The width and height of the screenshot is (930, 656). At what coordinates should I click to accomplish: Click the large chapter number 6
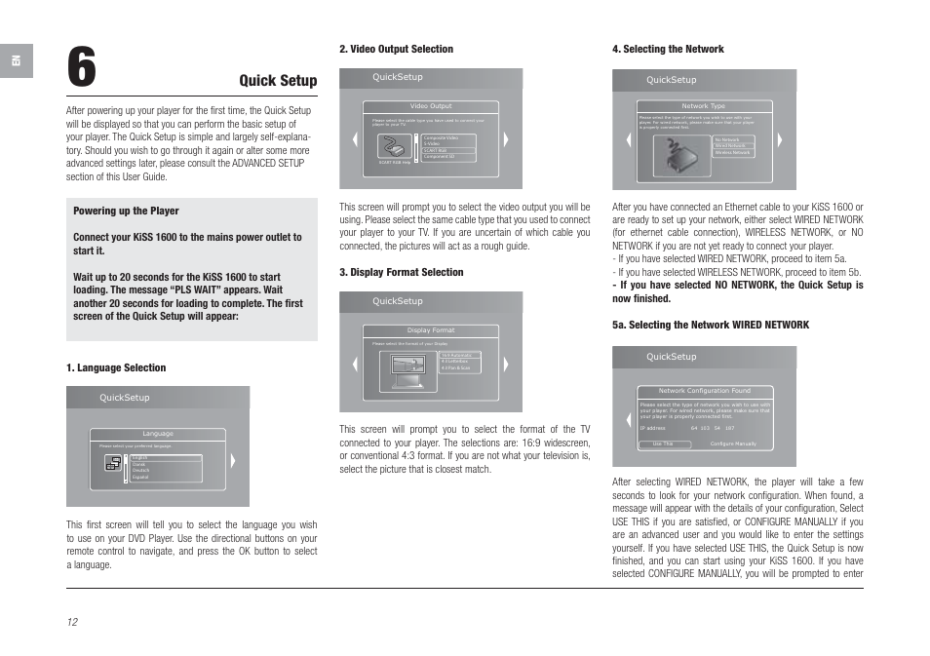click(82, 67)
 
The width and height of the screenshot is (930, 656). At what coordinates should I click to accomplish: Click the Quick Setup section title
click(278, 81)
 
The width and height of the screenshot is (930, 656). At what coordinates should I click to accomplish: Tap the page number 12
click(72, 622)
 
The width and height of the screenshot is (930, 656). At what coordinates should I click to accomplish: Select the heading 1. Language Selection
click(116, 367)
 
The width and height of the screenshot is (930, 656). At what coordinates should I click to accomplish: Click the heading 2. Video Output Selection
click(396, 49)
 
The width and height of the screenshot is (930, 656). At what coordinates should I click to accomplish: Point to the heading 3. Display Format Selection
click(401, 272)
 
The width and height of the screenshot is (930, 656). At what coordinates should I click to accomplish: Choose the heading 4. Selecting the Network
click(668, 49)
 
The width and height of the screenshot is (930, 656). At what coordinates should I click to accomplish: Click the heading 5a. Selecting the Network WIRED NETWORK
click(710, 325)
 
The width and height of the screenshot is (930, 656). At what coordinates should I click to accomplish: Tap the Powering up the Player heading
click(126, 211)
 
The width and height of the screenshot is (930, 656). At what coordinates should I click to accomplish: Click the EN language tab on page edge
click(16, 61)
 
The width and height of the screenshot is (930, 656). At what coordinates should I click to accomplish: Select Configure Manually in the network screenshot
click(733, 444)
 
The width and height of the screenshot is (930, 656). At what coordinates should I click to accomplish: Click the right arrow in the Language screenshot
click(233, 462)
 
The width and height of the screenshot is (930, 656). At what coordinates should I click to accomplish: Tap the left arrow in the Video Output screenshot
click(355, 139)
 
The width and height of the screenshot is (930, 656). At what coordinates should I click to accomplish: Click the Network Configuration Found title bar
click(704, 391)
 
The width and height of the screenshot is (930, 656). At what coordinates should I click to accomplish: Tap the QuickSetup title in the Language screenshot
click(125, 398)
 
